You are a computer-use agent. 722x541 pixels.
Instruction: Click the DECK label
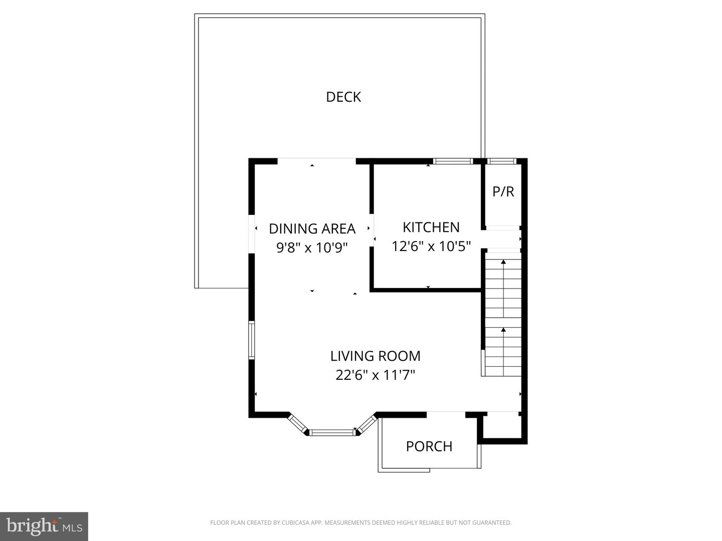coord(343,97)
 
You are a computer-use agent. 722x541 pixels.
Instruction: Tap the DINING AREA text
coord(312,228)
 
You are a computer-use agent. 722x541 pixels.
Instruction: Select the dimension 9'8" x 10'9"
coord(312,247)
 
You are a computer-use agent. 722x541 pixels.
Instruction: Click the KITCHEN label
coord(431,227)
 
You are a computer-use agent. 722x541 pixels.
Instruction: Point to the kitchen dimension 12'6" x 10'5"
coord(431,246)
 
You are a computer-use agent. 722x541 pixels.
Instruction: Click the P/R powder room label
coord(503,191)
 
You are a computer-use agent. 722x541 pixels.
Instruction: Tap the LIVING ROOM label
coord(375,356)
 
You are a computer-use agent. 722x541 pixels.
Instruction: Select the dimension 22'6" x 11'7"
coord(375,375)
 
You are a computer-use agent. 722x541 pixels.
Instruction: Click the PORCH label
coord(429,446)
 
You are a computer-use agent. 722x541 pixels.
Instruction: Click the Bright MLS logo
coord(44,526)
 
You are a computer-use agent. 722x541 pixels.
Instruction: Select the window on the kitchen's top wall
coord(453,161)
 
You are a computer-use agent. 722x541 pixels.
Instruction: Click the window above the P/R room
coord(502,161)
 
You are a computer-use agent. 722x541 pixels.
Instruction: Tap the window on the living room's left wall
coord(252,340)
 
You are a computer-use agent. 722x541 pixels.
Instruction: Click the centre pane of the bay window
coord(332,432)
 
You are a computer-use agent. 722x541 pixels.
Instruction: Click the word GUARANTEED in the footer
coord(493,523)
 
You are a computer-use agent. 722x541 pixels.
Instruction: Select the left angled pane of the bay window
coord(298,424)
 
